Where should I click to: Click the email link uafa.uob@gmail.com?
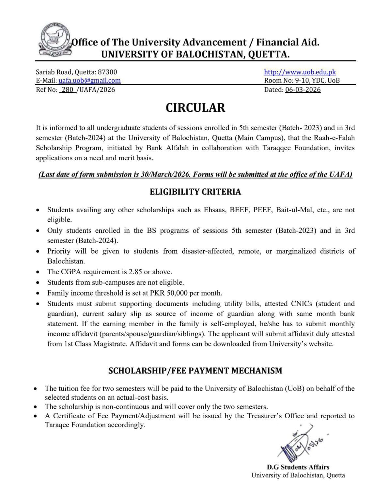(89, 81)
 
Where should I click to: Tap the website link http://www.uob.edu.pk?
(300, 72)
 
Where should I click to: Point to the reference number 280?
(67, 90)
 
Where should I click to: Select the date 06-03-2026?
(303, 90)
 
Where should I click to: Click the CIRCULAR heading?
(195, 108)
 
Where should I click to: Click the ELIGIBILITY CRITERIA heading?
(195, 192)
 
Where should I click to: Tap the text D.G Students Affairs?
(298, 467)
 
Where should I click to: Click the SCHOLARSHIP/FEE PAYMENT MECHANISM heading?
(195, 371)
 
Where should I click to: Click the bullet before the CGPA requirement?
(39, 272)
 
